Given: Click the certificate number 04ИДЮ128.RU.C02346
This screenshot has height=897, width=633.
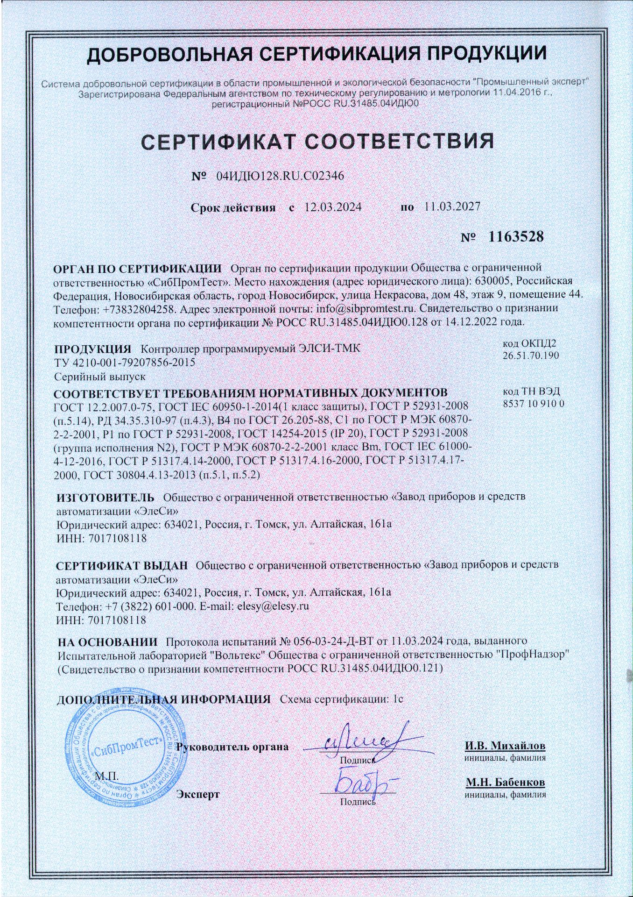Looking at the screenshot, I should [x=280, y=176].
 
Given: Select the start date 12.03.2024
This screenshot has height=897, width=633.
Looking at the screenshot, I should [x=333, y=207].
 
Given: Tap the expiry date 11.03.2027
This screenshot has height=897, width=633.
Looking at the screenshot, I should [x=452, y=207].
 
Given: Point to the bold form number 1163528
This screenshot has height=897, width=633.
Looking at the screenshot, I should [x=516, y=236].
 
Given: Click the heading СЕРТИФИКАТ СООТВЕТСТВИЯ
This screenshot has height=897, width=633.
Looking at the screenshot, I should [x=317, y=141].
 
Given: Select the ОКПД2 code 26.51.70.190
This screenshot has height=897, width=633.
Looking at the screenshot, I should [x=531, y=356].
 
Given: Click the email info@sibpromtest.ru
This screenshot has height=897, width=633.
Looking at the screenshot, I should [x=366, y=308].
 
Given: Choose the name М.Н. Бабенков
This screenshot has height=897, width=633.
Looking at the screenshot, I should [x=505, y=782].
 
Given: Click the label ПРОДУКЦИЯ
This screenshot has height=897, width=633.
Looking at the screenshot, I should [x=92, y=349].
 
